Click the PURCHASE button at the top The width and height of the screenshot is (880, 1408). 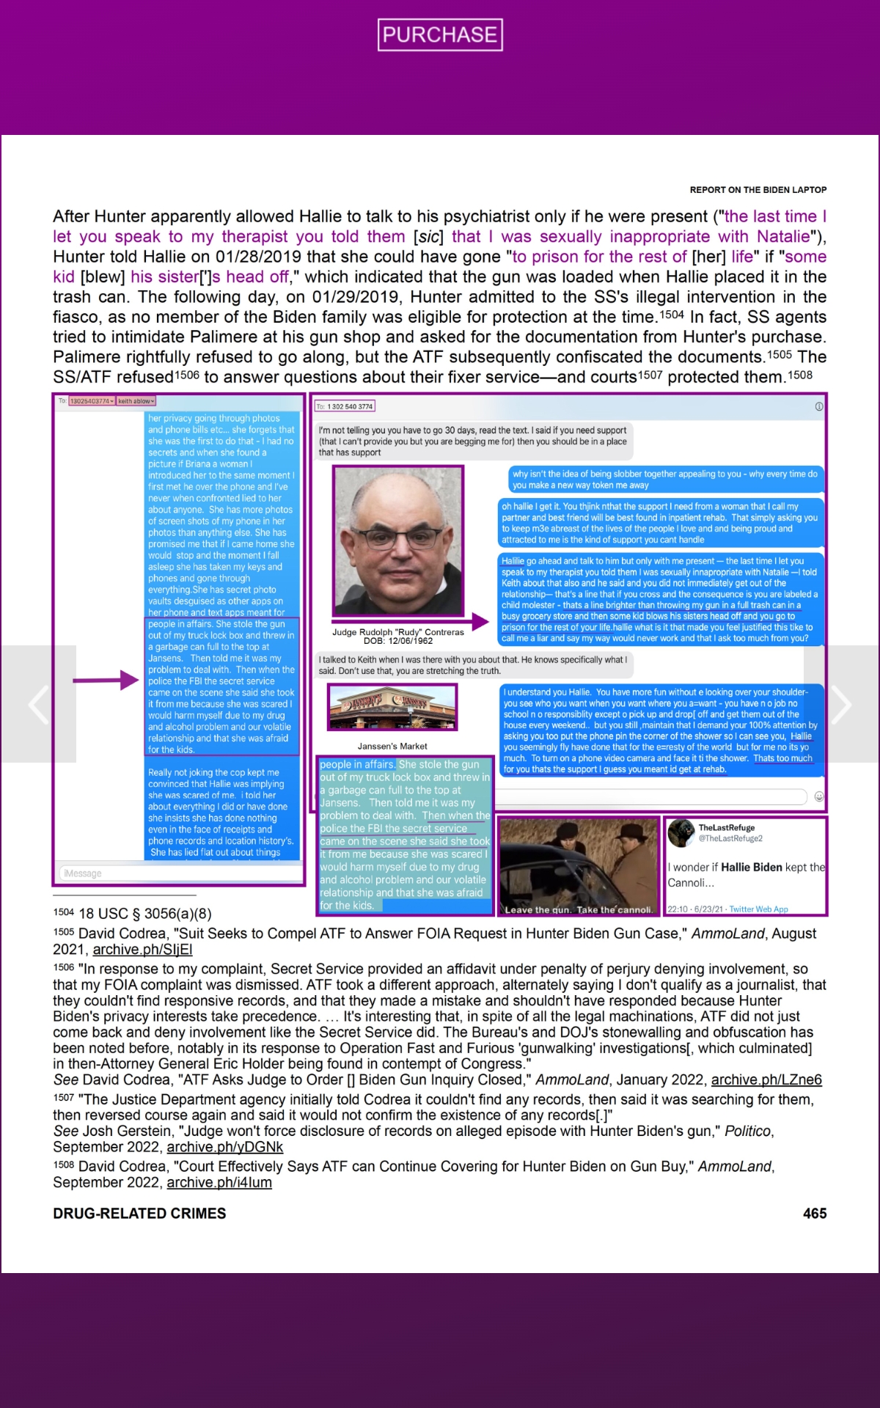coord(440,34)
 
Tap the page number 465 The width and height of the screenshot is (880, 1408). coord(814,1213)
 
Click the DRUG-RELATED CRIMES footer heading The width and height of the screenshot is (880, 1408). coord(139,1213)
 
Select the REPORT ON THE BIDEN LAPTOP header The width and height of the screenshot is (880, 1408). coord(758,190)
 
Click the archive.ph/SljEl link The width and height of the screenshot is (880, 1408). coord(142,950)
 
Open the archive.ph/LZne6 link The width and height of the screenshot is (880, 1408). coord(766,1079)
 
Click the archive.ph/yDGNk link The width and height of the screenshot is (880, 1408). coord(224,1147)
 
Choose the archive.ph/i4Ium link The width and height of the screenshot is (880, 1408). coord(219,1182)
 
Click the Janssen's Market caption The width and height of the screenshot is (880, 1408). coord(392,746)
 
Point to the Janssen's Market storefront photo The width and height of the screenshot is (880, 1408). coord(392,707)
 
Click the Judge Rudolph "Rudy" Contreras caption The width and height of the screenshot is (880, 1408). coord(397,632)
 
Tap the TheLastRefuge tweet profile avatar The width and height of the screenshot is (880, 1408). coord(681,832)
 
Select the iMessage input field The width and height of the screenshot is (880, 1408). coord(180,873)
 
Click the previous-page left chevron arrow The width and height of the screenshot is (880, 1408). coord(38,704)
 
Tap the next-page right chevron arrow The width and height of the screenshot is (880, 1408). coord(841,704)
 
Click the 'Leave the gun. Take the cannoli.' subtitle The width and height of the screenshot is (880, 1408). coord(578,910)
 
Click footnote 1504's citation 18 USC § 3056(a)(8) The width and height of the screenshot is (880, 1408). coord(144,914)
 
